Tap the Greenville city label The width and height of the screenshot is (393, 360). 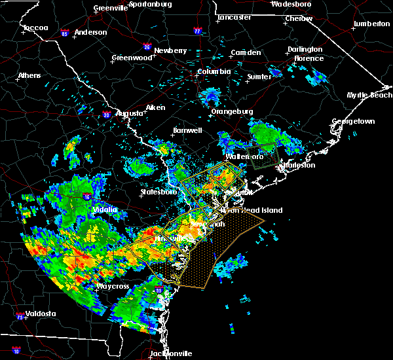110,9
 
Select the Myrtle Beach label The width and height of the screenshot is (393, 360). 369,96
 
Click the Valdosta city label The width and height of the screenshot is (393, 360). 38,314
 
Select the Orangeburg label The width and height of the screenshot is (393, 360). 232,111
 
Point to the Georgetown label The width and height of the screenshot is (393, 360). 353,122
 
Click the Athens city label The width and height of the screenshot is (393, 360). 29,75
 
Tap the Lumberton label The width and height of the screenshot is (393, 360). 371,24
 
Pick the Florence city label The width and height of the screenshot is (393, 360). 309,58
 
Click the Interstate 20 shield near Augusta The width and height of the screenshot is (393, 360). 106,116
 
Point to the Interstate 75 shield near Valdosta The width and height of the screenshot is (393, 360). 21,317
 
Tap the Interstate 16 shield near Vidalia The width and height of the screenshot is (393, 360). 87,196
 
